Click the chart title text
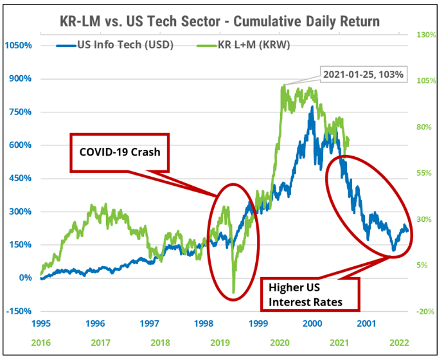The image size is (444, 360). [222, 21]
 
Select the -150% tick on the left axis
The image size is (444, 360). [20, 311]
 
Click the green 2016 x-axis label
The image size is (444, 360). [40, 342]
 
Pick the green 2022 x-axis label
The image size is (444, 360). [399, 342]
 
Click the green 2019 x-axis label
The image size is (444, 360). [220, 342]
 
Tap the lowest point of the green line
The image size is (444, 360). [234, 292]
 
